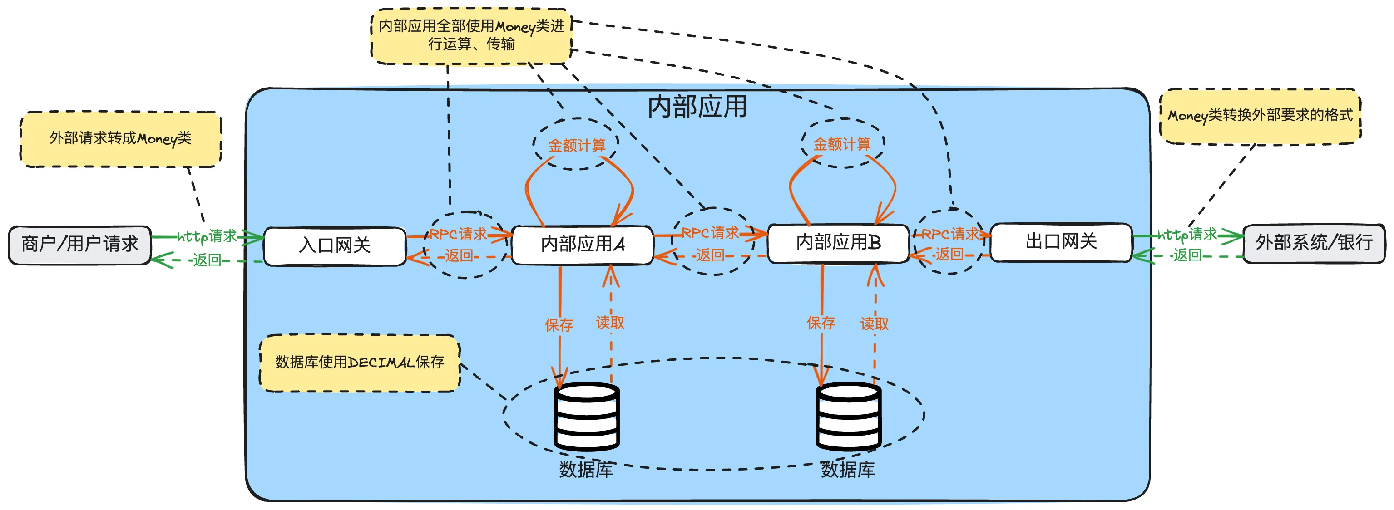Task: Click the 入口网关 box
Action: (335, 246)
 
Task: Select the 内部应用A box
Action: (582, 245)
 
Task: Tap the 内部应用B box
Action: (838, 243)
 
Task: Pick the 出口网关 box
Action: (1061, 242)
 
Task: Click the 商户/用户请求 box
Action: (79, 245)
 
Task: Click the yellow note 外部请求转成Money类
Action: (121, 139)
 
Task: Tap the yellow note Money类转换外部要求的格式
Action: (1260, 116)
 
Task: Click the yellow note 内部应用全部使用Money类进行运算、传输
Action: (471, 35)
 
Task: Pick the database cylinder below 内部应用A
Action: (587, 417)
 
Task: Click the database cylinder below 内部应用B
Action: (848, 417)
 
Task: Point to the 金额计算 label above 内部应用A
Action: (576, 145)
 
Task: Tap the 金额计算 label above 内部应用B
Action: (842, 144)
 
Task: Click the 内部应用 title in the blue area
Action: (697, 107)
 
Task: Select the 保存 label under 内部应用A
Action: (559, 324)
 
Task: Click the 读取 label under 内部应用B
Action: (874, 324)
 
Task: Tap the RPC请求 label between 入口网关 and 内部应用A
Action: (458, 234)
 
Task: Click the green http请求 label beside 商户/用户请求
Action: (207, 236)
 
